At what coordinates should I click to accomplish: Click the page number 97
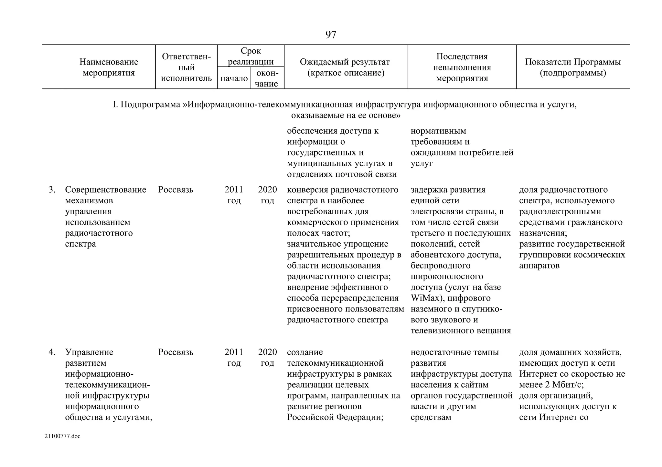click(331, 35)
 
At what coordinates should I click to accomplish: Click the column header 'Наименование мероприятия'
click(109, 67)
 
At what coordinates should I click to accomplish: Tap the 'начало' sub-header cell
click(234, 78)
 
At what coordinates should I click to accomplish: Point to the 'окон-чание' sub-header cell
click(267, 78)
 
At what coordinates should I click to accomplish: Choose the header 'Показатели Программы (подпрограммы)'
click(572, 67)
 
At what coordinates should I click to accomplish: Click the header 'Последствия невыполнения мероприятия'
click(462, 67)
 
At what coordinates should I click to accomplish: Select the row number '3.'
click(52, 190)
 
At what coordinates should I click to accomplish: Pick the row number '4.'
click(52, 352)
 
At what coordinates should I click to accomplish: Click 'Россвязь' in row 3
click(176, 190)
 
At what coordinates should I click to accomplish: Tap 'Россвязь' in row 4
click(176, 352)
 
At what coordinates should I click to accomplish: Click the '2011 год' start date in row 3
click(234, 195)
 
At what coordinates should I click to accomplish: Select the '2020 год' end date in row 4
click(267, 357)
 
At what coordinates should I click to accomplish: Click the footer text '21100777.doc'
click(62, 436)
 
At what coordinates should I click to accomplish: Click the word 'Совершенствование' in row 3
click(105, 190)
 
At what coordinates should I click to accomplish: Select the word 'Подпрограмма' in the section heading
click(150, 105)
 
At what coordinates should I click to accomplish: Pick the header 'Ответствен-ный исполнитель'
click(186, 67)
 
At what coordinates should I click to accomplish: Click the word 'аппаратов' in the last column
click(539, 266)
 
